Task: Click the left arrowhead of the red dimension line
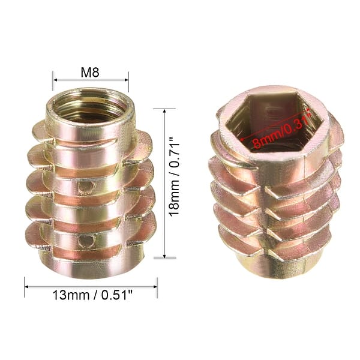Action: [242, 142]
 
